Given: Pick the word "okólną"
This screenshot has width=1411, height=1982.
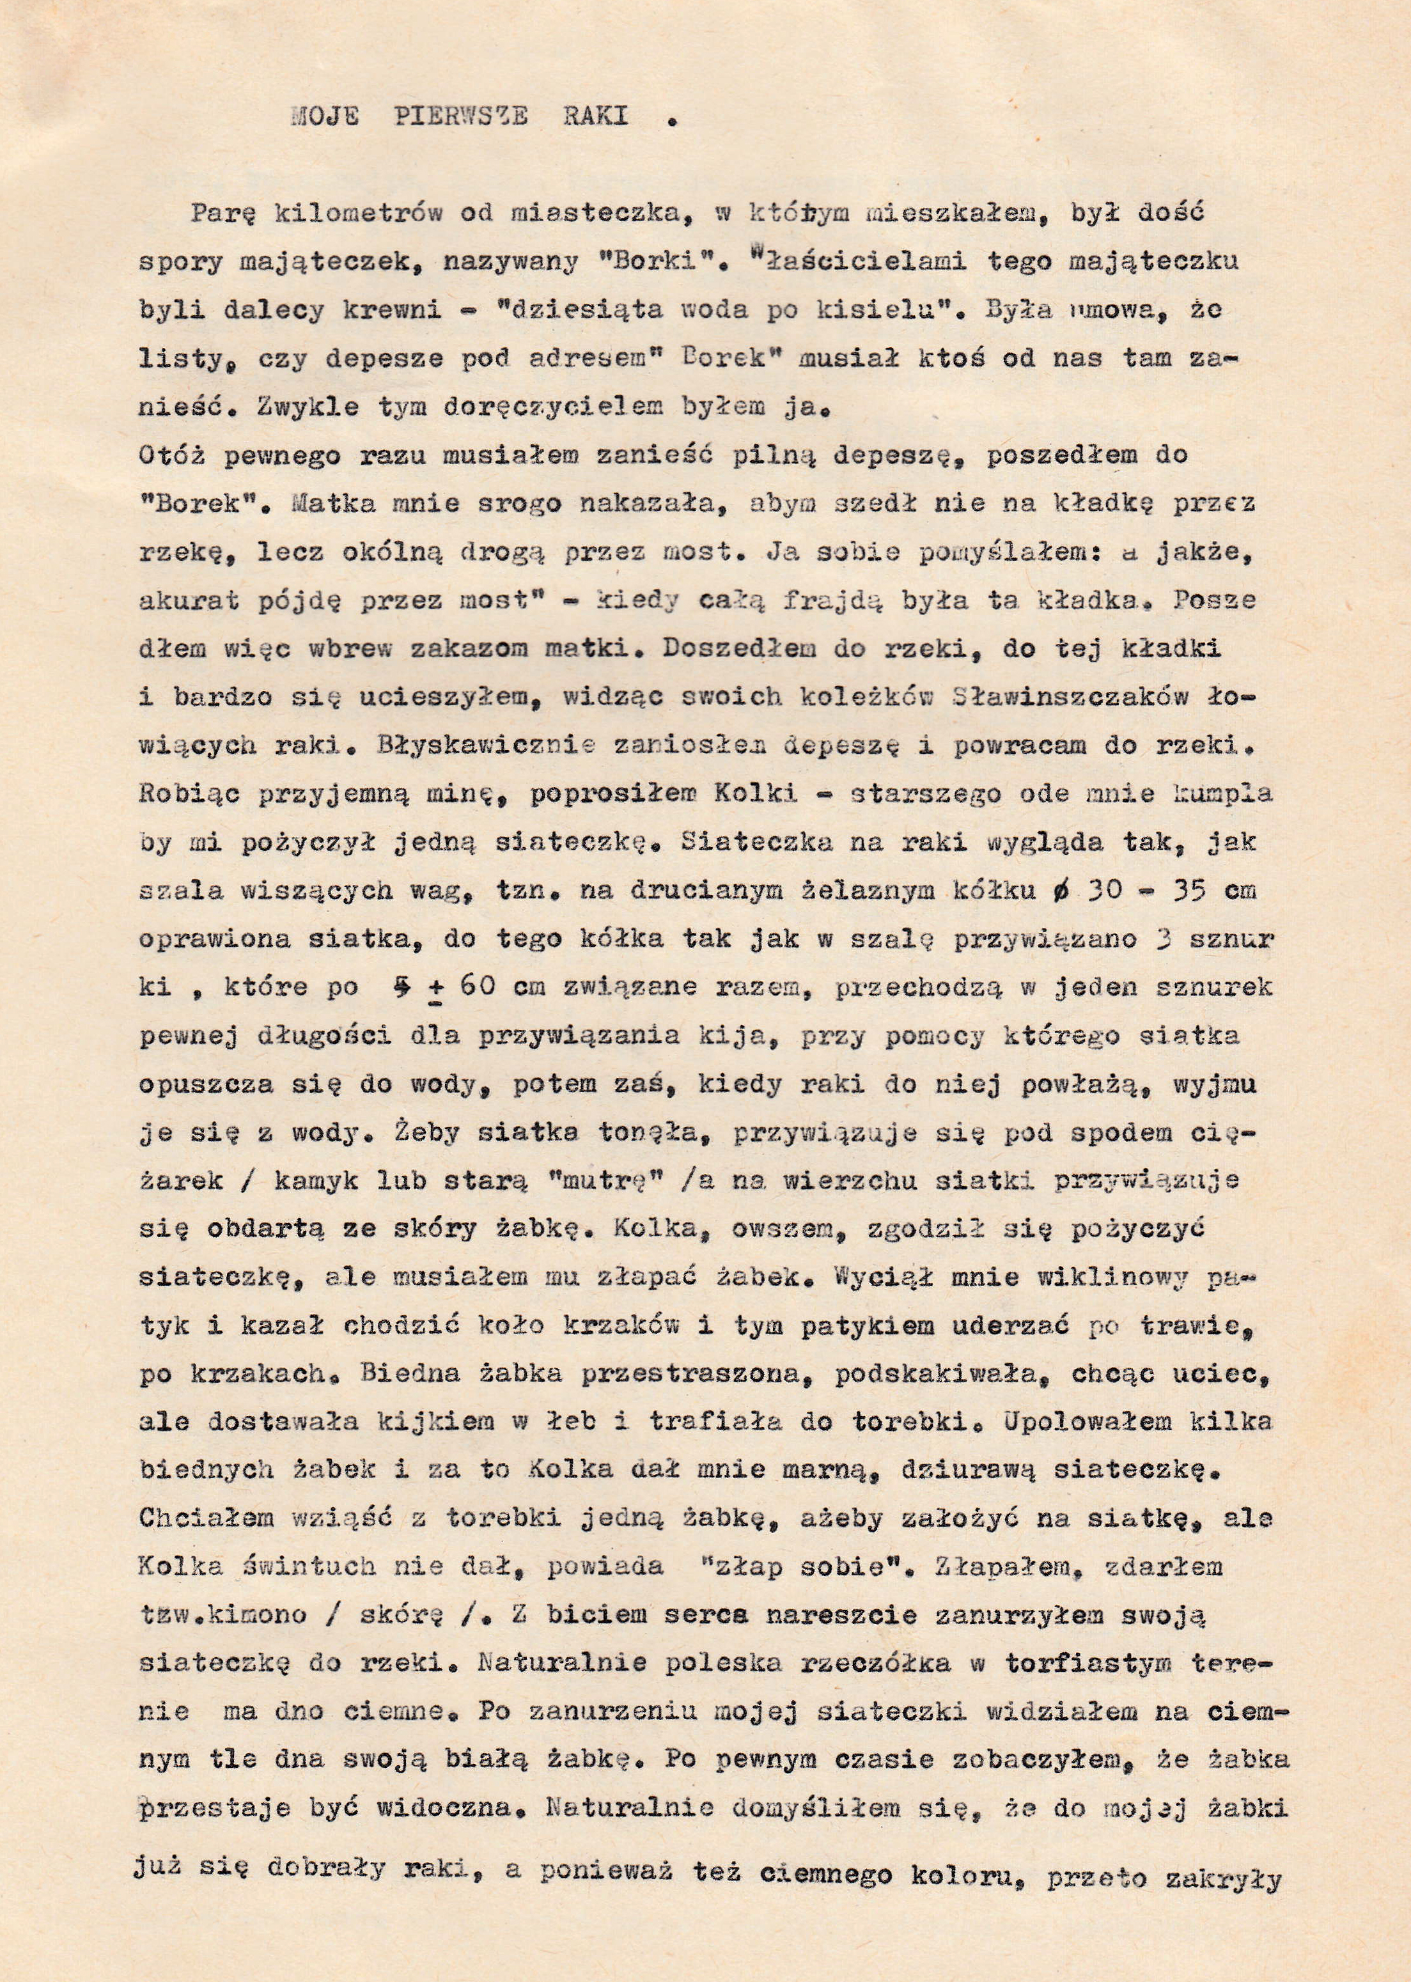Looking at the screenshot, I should coord(434,551).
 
